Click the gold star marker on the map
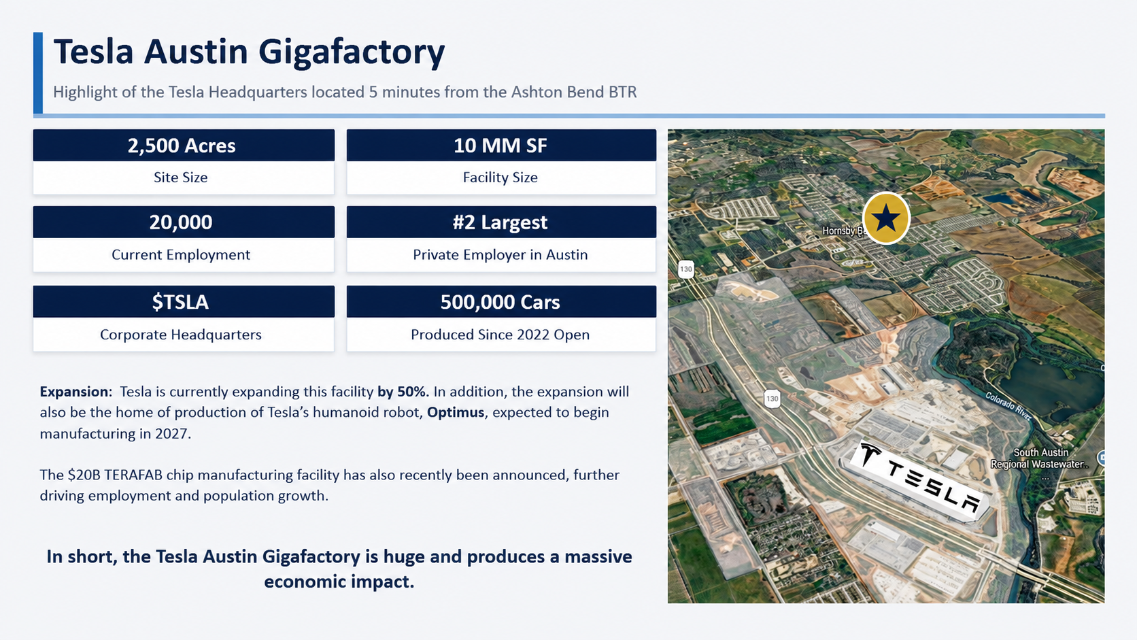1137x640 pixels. (886, 218)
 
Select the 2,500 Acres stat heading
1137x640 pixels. (181, 146)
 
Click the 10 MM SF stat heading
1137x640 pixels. (500, 146)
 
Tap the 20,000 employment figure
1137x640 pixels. (181, 222)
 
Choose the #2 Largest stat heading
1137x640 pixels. (500, 222)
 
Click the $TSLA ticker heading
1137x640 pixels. (180, 302)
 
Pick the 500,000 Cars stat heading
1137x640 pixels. (500, 302)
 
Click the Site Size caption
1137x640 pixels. (181, 177)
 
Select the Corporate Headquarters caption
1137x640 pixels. (181, 335)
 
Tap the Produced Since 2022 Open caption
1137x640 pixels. (500, 335)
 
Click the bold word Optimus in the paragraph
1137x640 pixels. (456, 412)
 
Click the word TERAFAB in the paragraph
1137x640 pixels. (133, 475)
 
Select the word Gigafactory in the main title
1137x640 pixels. (352, 52)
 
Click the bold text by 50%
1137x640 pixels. (403, 391)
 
